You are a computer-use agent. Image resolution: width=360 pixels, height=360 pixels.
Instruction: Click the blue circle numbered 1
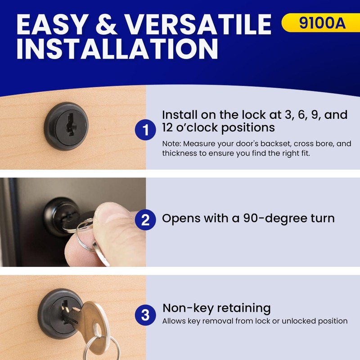click(145, 130)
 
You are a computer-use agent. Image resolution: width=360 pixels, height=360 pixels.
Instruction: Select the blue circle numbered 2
click(145, 220)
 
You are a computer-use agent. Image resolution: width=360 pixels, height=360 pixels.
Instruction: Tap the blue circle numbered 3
click(145, 315)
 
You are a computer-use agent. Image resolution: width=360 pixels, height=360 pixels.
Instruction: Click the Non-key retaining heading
click(216, 308)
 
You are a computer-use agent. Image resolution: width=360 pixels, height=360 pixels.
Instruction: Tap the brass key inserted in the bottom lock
click(97, 319)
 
